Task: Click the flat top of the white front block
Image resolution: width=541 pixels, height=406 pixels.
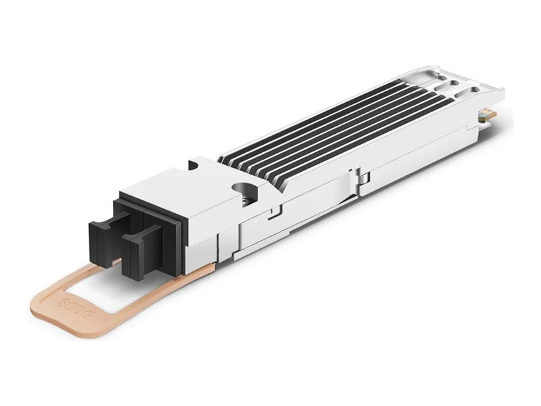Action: pyautogui.click(x=183, y=186)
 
